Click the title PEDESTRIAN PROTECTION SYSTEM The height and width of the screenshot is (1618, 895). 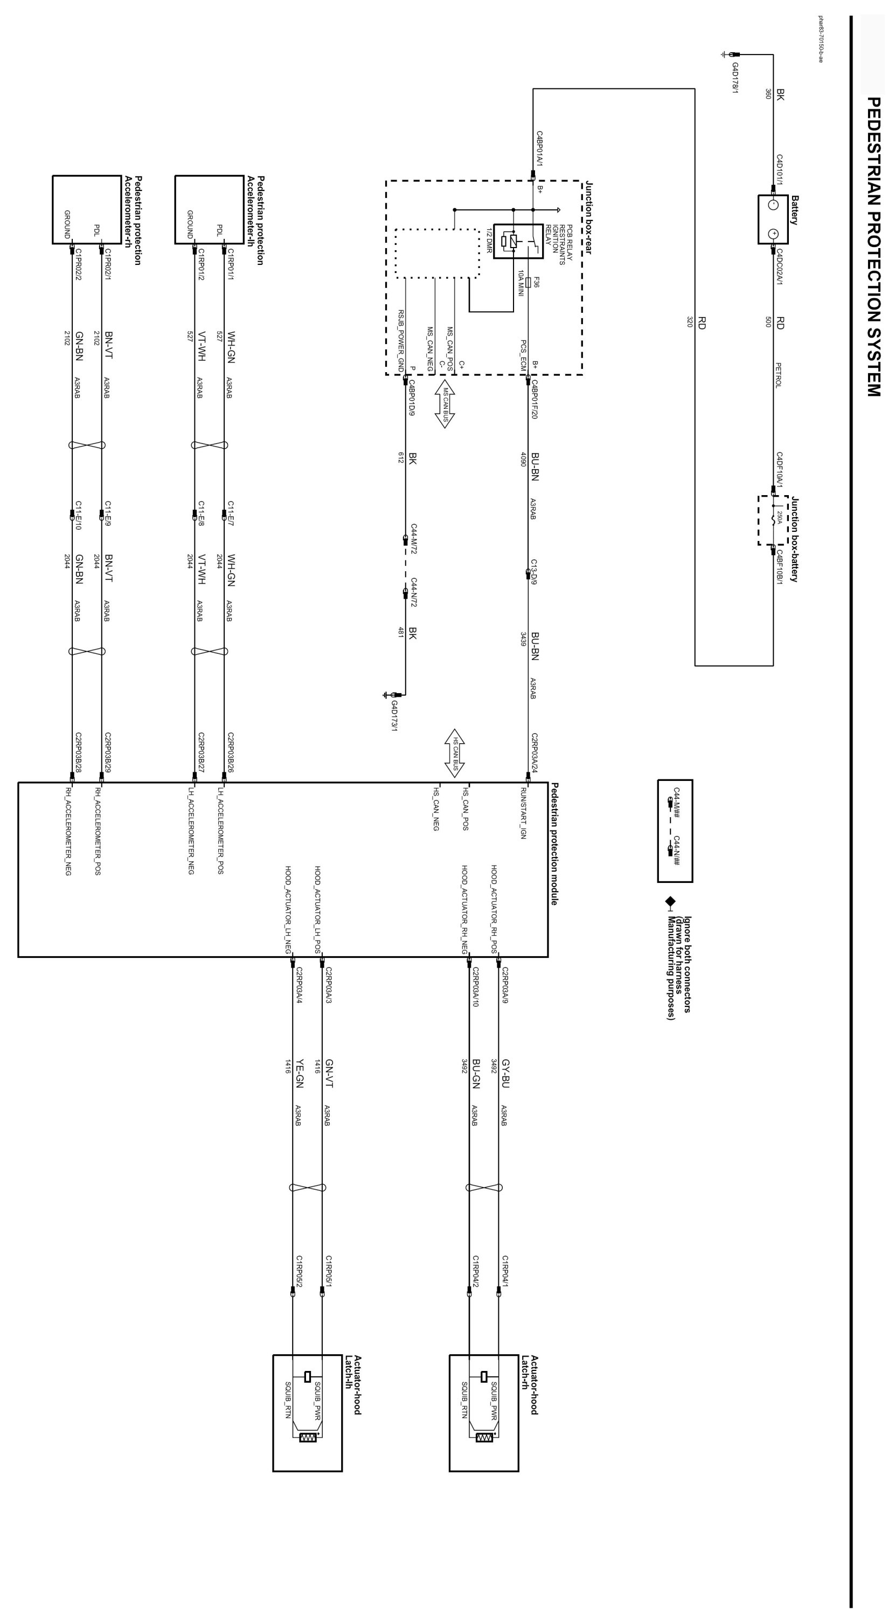click(x=873, y=246)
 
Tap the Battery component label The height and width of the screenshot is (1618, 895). click(x=795, y=210)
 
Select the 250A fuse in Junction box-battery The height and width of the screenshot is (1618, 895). click(x=777, y=518)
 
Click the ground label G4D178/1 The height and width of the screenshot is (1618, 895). click(x=735, y=78)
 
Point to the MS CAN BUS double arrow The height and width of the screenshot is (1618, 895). click(x=445, y=403)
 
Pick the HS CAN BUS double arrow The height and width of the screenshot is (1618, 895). click(x=455, y=752)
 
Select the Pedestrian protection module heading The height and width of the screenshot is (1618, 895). click(x=554, y=844)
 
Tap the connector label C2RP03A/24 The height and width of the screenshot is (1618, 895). click(x=535, y=752)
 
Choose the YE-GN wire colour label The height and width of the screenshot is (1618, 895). click(x=300, y=1073)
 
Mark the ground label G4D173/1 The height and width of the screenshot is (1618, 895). click(x=395, y=716)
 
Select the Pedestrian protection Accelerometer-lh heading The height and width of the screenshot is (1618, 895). click(x=255, y=220)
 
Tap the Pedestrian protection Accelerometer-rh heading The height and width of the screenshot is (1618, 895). click(x=133, y=220)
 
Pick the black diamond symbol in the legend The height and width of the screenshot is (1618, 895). click(x=670, y=902)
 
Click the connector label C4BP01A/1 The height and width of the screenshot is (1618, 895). click(x=539, y=149)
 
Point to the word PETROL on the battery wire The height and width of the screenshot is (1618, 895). click(x=778, y=375)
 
